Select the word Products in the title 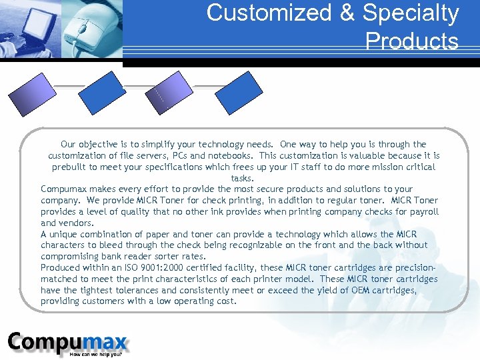[411, 41]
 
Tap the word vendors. [75, 223]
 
